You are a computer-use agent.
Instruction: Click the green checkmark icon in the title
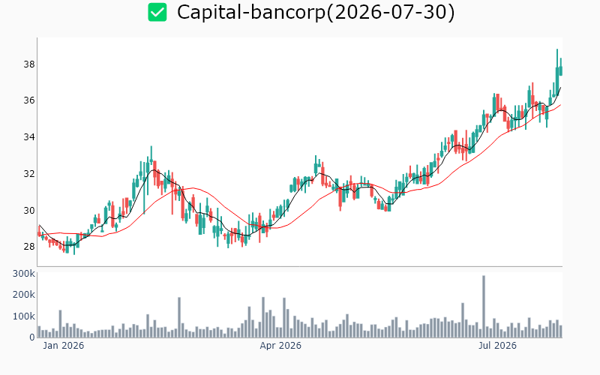coord(157,12)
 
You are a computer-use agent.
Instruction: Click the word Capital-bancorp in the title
coord(250,12)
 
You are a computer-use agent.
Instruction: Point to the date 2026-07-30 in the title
coord(390,12)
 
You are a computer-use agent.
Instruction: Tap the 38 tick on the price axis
coord(29,64)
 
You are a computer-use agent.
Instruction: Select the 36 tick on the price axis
coord(29,100)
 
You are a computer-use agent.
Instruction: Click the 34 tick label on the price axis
coord(29,137)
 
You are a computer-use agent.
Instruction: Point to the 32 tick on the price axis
coord(29,174)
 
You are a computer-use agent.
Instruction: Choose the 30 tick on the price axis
coord(29,211)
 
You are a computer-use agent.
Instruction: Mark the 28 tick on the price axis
coord(29,247)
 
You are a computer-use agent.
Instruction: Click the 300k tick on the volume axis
coord(24,274)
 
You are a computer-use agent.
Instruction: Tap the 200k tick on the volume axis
coord(24,295)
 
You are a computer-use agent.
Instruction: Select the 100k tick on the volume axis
coord(24,316)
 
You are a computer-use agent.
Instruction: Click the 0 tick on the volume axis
coord(32,337)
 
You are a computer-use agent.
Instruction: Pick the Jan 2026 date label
coord(63,346)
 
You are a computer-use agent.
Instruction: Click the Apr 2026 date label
coord(280,346)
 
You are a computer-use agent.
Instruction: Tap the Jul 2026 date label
coord(497,346)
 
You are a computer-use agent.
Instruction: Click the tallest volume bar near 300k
coord(484,307)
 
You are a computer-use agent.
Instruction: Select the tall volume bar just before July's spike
coord(463,320)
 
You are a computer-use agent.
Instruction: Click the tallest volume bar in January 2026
coord(60,324)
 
